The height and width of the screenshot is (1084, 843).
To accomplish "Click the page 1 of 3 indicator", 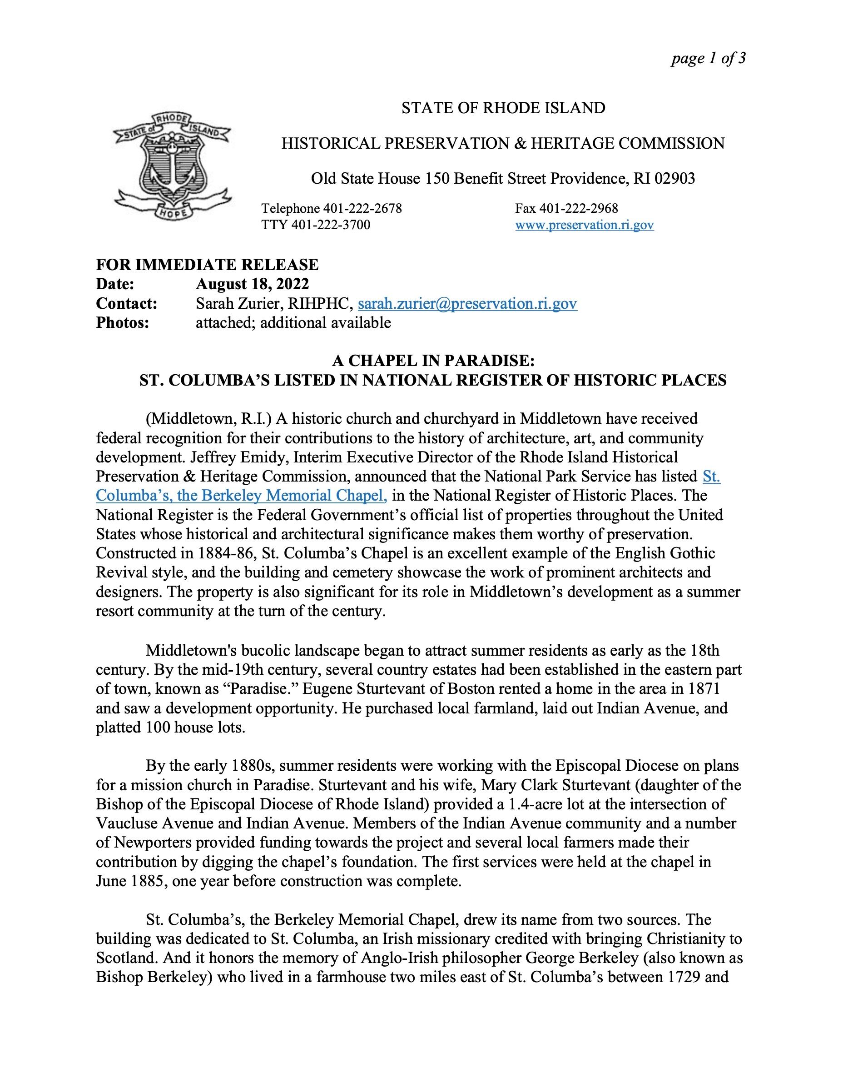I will (x=708, y=59).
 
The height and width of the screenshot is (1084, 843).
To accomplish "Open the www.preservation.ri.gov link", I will (x=584, y=226).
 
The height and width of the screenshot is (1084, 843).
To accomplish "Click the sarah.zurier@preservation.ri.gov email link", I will (x=467, y=304).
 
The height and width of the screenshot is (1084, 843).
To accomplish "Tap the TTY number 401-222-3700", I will (x=330, y=226).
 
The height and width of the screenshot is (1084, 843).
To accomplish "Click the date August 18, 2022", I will (x=253, y=284).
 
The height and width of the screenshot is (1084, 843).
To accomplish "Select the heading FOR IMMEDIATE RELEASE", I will (x=207, y=265).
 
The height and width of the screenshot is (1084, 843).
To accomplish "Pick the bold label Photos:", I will (x=123, y=323).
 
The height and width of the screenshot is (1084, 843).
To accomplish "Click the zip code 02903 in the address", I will (x=675, y=178).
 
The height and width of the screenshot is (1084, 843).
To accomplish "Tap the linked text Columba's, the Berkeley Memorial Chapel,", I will (x=242, y=495).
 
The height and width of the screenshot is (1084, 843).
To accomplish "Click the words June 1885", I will (x=134, y=881).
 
